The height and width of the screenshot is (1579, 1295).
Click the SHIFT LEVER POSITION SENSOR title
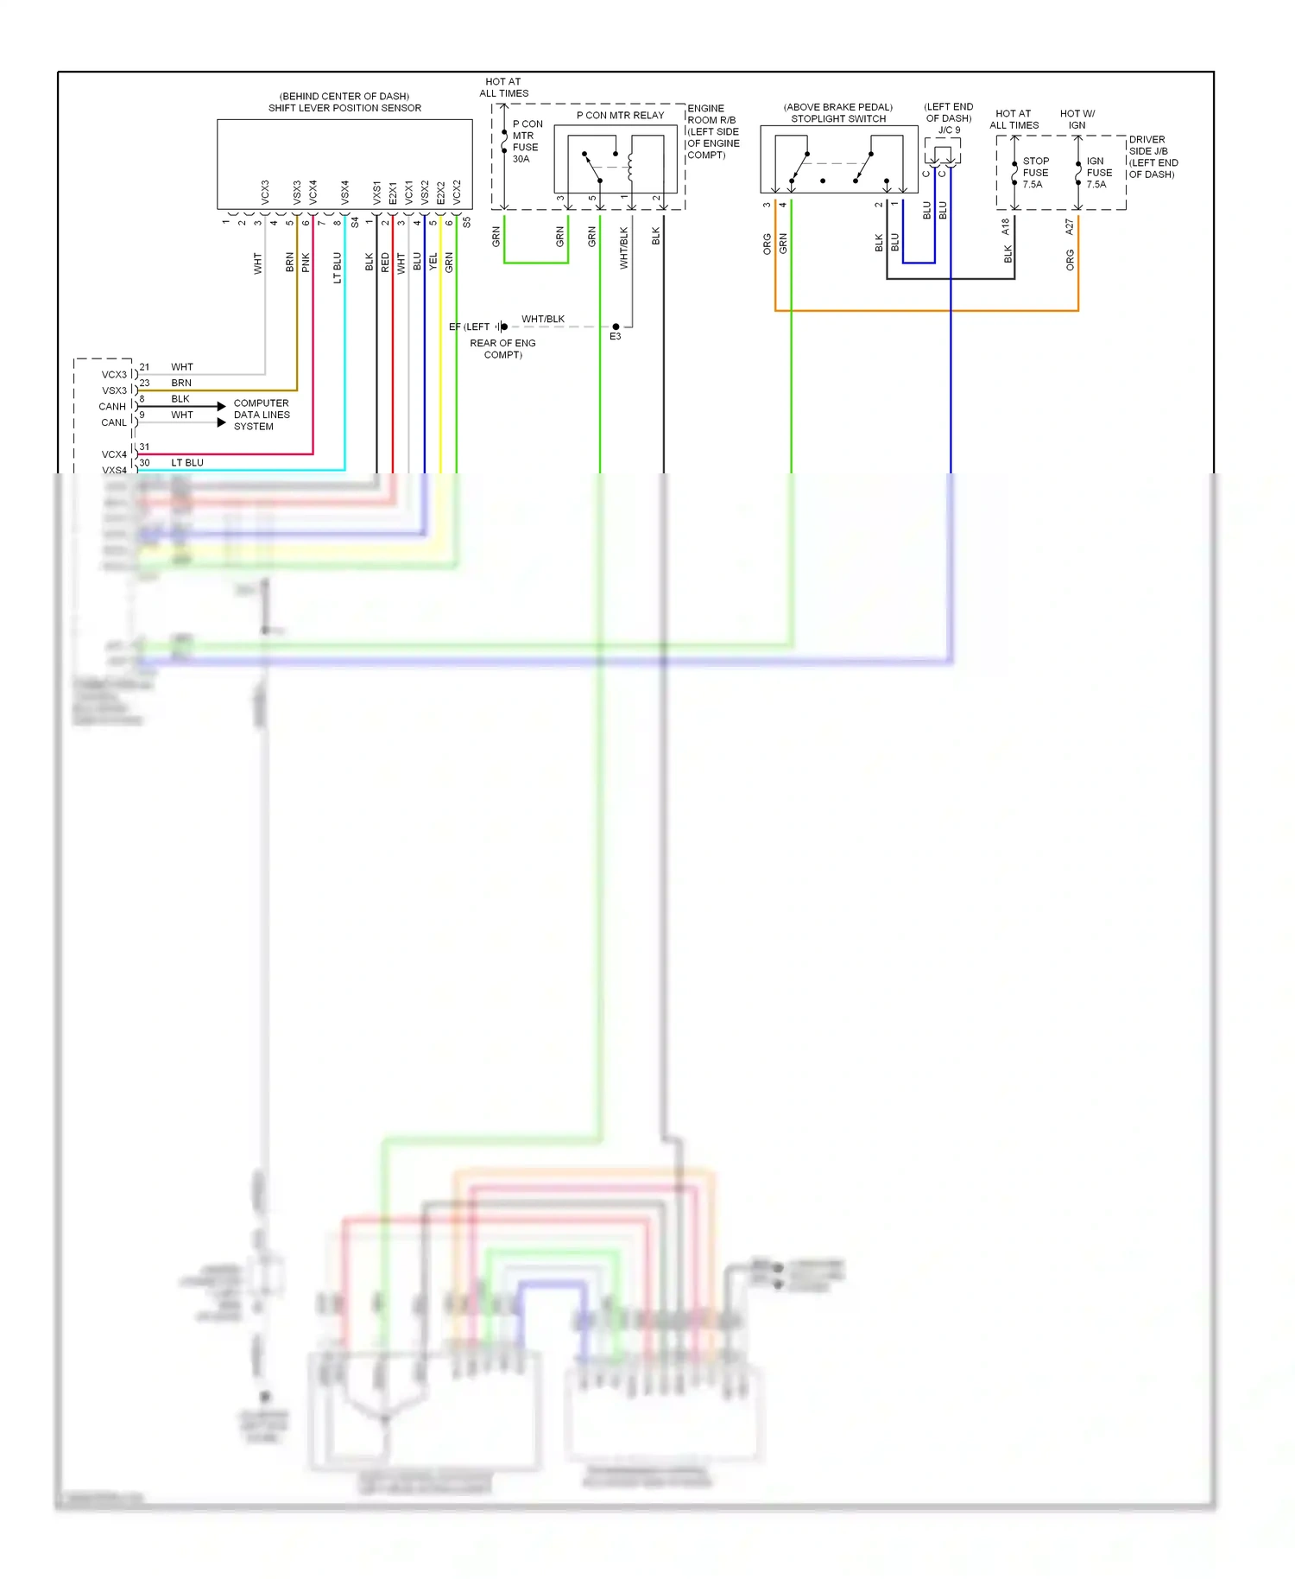[x=344, y=108]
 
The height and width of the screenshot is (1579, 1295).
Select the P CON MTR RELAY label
[x=620, y=115]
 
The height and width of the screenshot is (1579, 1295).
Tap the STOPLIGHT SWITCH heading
[x=838, y=119]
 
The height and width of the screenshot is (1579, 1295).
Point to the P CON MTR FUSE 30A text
[x=526, y=142]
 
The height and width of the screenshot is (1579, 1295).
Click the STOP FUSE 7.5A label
[x=1035, y=173]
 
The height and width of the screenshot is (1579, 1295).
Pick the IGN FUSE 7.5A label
[x=1098, y=173]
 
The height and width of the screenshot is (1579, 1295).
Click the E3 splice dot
[x=616, y=327]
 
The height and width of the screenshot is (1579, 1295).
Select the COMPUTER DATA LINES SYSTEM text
[x=262, y=415]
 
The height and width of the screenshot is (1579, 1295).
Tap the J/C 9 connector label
[x=949, y=130]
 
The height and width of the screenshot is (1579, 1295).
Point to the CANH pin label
[x=112, y=406]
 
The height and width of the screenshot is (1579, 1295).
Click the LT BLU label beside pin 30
[x=187, y=463]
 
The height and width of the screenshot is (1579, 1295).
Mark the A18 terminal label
[x=1006, y=226]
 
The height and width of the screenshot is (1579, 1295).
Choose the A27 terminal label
[x=1070, y=226]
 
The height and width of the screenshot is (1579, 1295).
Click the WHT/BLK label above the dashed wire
[x=543, y=319]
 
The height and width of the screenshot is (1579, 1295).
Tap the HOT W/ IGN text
[x=1077, y=119]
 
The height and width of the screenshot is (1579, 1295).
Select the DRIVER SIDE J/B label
[x=1153, y=156]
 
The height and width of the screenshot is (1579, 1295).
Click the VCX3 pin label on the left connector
[x=114, y=375]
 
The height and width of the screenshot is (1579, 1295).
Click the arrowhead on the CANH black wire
[x=222, y=406]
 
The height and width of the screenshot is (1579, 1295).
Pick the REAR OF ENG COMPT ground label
[x=502, y=349]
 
